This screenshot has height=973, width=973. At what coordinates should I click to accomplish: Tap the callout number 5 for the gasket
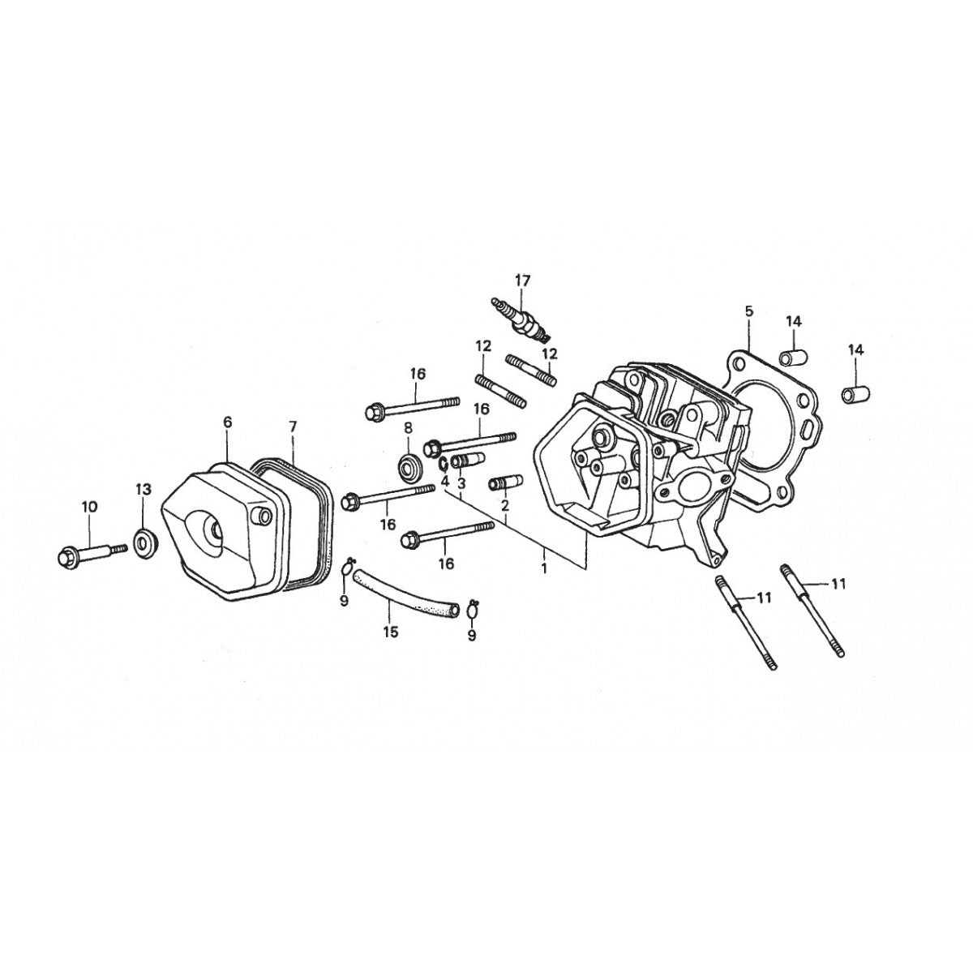748,311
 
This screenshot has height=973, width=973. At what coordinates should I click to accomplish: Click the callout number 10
89,507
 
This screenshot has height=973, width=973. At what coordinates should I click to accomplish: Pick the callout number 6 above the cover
227,422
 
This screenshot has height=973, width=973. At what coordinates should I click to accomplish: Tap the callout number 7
293,426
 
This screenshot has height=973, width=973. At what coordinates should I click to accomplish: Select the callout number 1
544,569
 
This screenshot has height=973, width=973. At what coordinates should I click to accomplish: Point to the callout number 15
391,632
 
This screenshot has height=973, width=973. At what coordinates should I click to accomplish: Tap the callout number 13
143,490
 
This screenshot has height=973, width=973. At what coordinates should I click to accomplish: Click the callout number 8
408,426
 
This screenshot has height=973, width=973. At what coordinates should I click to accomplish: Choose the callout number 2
504,505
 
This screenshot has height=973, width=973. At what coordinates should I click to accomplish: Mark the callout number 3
461,483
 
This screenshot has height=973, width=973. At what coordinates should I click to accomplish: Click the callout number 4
445,481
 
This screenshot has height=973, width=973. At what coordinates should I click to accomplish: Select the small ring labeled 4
444,465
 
